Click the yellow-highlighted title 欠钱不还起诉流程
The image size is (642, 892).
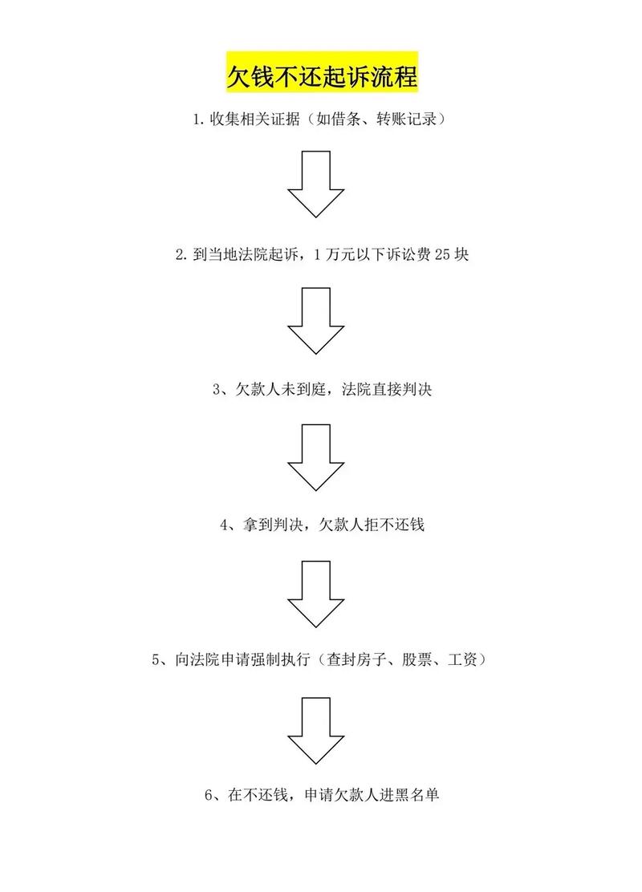tap(321, 77)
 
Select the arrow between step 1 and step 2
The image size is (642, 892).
tap(316, 183)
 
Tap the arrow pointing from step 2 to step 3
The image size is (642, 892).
tap(316, 320)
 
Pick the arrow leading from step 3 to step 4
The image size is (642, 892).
tap(316, 456)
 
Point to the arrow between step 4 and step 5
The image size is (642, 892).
tap(316, 593)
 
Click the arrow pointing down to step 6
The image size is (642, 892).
tap(316, 728)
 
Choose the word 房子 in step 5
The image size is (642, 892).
tap(368, 662)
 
